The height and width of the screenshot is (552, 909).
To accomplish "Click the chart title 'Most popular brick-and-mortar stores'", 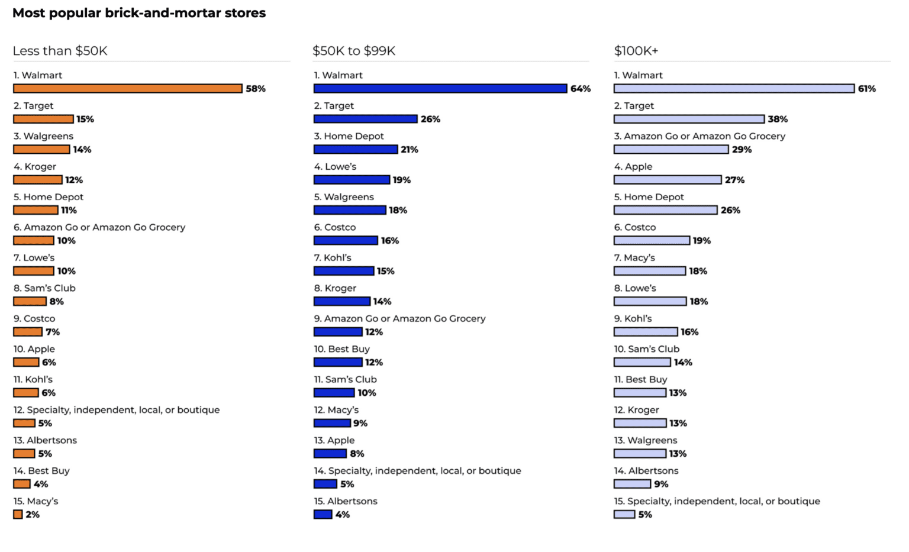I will [139, 13].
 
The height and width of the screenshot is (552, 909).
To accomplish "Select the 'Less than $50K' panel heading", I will [60, 51].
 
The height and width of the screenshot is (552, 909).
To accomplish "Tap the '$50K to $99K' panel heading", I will [354, 51].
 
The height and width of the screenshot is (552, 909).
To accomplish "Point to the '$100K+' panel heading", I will [636, 51].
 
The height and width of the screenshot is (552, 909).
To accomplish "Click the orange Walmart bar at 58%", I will [128, 89].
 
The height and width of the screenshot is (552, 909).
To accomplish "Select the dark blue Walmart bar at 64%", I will [440, 89].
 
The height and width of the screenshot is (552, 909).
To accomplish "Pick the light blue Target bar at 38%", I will [689, 119].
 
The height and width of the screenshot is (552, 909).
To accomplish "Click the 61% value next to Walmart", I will [866, 89].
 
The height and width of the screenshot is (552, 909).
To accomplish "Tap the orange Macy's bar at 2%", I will [18, 515].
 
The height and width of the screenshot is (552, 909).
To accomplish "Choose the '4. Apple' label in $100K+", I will [633, 167].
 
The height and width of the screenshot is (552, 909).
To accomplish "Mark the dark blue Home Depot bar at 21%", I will [355, 150].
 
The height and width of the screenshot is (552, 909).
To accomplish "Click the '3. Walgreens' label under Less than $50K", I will [43, 136].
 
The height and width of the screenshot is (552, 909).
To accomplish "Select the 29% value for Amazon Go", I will [742, 150].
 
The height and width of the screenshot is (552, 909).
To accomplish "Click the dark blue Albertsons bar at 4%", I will [323, 515].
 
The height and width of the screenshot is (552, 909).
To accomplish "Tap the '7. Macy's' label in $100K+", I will [634, 258].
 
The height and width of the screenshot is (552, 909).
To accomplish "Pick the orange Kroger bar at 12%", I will [38, 180].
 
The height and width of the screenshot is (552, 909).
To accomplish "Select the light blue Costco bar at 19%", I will [652, 241].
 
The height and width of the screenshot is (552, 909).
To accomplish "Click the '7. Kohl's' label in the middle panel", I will [333, 258].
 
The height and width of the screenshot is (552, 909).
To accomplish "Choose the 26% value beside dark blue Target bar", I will [430, 119].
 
